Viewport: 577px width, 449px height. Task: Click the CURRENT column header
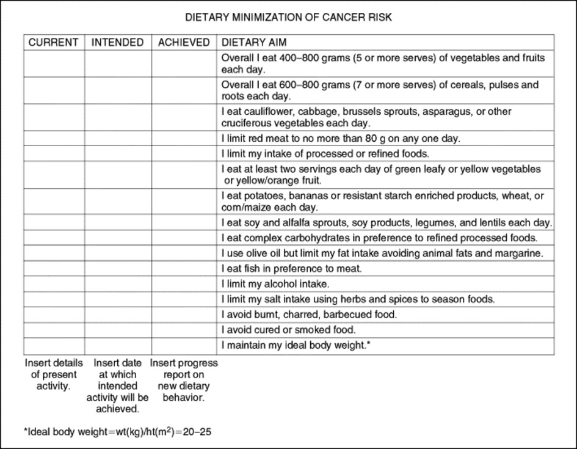pos(54,43)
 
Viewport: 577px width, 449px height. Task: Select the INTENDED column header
pos(118,43)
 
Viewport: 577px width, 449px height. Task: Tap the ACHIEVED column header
pos(184,43)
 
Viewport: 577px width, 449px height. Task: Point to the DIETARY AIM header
pos(253,43)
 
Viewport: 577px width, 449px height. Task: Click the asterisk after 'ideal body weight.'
pos(369,345)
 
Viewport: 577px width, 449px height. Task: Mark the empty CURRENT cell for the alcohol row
pos(54,284)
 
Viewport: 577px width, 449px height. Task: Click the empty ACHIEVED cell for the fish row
pos(184,268)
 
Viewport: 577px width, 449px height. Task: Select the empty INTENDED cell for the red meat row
pos(118,139)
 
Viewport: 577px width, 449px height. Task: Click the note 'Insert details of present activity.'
pos(54,374)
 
